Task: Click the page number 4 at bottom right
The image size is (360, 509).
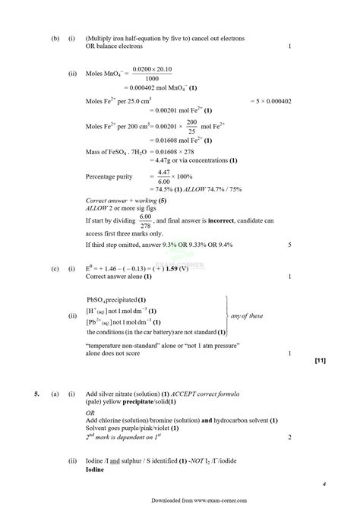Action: (324, 484)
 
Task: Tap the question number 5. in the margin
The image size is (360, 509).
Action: (36, 396)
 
